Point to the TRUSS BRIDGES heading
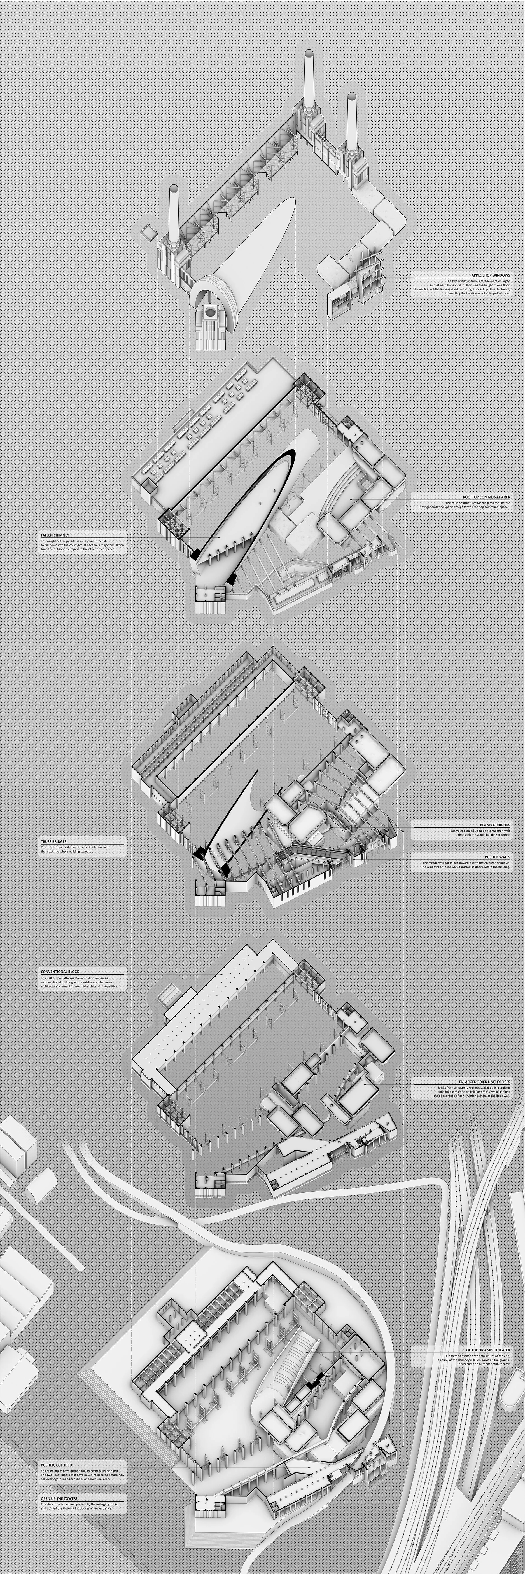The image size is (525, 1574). pos(54,841)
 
